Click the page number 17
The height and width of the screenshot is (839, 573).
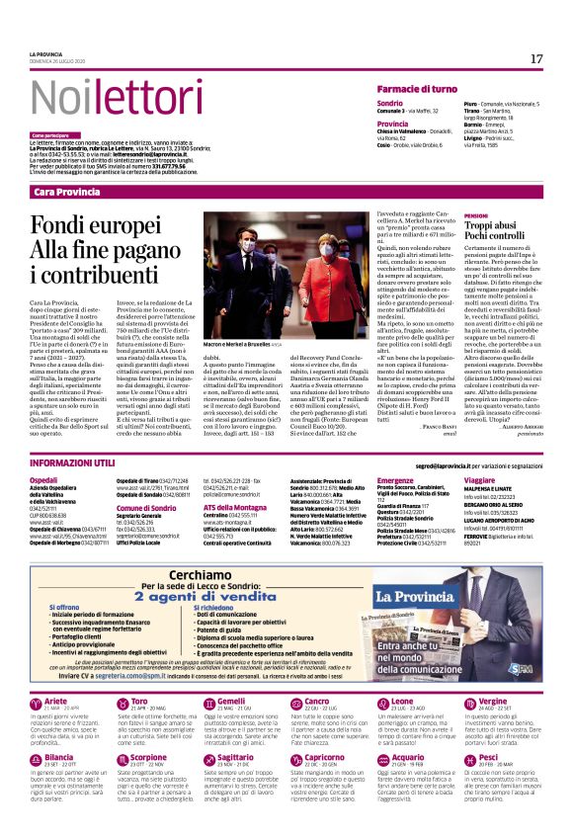point(536,58)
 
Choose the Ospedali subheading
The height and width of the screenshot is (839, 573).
point(46,479)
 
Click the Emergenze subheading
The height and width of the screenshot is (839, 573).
point(396,479)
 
